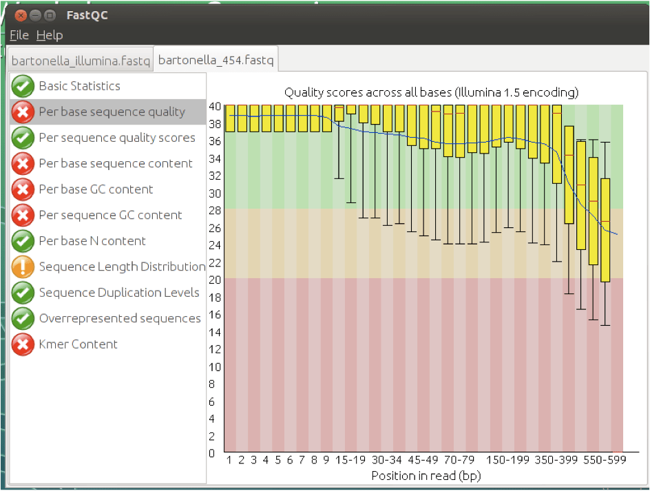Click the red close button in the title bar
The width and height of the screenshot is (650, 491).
pos(21,16)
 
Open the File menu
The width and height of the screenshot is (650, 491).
pos(19,35)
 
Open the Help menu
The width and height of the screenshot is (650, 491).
pos(50,35)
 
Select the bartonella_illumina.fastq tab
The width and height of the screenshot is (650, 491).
pos(81,61)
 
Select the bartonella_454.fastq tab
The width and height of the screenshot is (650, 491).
pos(216,60)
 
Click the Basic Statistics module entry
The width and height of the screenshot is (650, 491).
pos(79,86)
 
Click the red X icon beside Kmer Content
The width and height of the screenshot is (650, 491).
pos(23,344)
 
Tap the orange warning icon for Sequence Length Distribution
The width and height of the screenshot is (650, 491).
pos(23,267)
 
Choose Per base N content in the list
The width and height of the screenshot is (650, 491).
pos(92,241)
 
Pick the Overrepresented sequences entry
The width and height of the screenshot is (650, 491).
pos(120,318)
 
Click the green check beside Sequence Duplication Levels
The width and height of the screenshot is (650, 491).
pos(23,293)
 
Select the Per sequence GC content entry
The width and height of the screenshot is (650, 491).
pos(110,215)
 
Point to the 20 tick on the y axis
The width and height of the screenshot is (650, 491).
pos(215,280)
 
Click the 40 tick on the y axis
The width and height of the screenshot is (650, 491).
pos(215,107)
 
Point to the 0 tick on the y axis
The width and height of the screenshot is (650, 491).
pos(212,453)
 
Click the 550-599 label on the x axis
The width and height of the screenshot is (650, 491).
pos(605,460)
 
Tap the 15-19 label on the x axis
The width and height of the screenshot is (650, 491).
pos(350,460)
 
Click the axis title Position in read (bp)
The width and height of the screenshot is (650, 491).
pos(426,476)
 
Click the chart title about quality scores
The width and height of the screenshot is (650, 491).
pos(431,92)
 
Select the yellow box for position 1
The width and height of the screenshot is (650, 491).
pos(230,118)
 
